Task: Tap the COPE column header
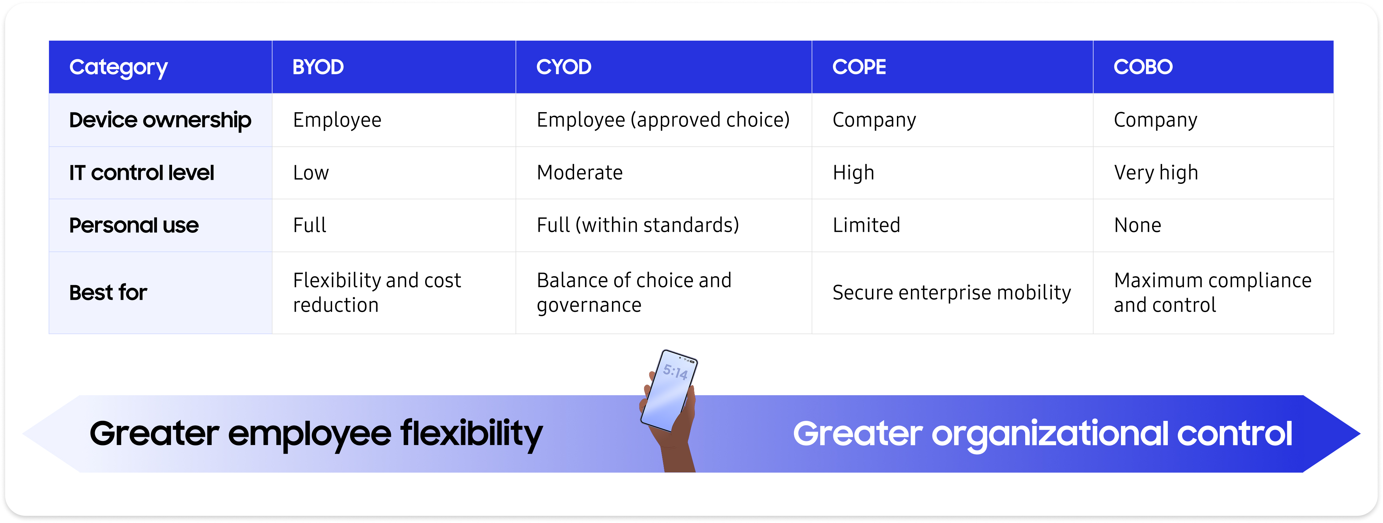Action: pos(859,67)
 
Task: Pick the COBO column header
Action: pos(1143,67)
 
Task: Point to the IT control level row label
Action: pos(141,173)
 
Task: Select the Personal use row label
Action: pos(134,225)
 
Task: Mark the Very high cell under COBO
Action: pos(1156,173)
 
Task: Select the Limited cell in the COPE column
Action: pos(866,225)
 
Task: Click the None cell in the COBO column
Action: pos(1137,225)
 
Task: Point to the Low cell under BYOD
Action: pos(310,173)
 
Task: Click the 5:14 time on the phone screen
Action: pos(675,371)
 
